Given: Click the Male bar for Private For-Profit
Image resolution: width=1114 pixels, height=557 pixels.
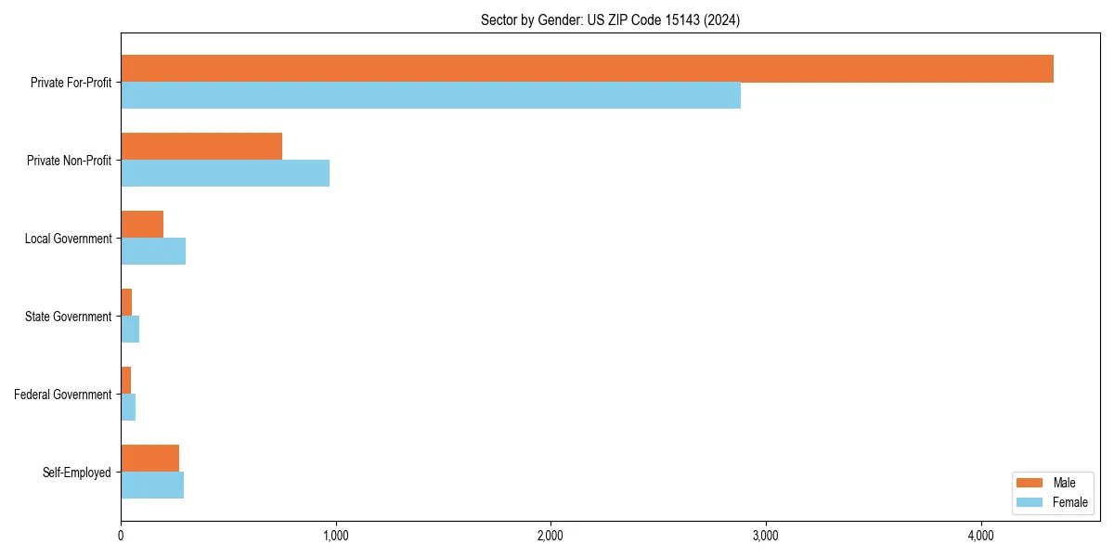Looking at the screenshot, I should click(x=587, y=69).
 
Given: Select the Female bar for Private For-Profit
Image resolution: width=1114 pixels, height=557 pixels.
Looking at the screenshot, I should click(x=431, y=96).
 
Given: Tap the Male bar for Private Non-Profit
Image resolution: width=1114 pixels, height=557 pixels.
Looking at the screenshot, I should click(x=201, y=147).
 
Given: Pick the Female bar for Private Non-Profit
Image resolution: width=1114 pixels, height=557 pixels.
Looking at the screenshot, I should click(x=225, y=174).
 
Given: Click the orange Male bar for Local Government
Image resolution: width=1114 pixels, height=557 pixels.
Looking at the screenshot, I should click(x=142, y=225).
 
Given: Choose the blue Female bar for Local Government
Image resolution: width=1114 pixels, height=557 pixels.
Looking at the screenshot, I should click(x=153, y=252).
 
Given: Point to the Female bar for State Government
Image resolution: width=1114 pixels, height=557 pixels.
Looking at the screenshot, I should click(x=130, y=330).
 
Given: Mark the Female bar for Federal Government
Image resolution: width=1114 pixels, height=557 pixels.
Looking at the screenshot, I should click(x=128, y=408).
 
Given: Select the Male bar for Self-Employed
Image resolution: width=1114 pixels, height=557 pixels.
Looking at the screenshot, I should click(x=149, y=459).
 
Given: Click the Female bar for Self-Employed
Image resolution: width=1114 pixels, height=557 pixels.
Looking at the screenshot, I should click(x=152, y=486).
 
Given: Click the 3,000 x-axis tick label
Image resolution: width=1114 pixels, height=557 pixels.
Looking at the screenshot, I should click(x=766, y=536).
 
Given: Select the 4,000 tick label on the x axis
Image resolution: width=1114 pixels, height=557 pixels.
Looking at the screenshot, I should click(x=980, y=536).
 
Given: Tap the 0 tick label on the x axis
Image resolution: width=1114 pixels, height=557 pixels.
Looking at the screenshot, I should click(x=121, y=536).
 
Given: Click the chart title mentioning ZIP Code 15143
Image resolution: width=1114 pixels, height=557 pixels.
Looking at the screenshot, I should click(x=610, y=19).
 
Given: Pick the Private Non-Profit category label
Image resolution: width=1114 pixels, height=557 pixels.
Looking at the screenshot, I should click(x=69, y=161).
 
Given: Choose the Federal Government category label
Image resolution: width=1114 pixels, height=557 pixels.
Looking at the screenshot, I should click(x=63, y=395).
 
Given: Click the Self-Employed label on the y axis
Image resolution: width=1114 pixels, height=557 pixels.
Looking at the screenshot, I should click(x=77, y=473).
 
